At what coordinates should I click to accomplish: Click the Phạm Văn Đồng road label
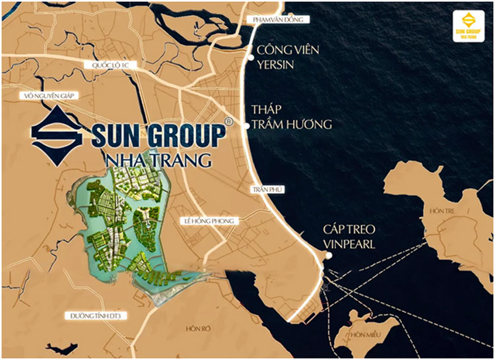click(x=278, y=20)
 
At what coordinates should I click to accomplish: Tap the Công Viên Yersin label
click(x=284, y=57)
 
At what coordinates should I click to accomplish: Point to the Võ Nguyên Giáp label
click(x=51, y=96)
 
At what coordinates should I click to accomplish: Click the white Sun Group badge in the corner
click(x=469, y=28)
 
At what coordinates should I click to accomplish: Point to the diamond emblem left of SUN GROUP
click(x=57, y=136)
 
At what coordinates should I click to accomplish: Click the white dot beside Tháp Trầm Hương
click(x=246, y=123)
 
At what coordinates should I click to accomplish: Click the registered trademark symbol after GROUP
click(x=228, y=122)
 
